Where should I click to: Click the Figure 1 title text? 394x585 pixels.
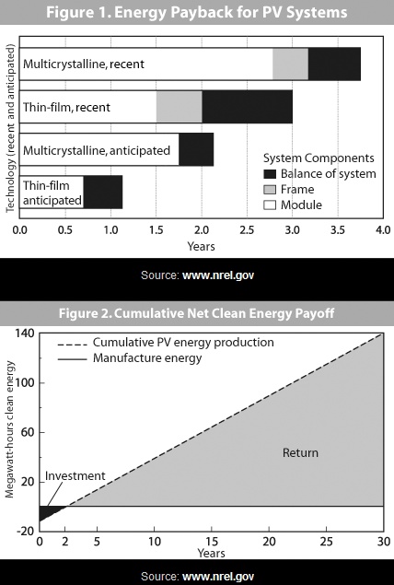point(197,13)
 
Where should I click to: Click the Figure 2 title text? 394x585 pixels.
point(197,312)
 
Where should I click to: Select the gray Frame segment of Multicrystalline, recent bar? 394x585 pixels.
point(290,64)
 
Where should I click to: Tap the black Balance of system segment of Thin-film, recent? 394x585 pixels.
point(247,107)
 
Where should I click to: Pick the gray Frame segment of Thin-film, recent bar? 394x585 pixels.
point(179,107)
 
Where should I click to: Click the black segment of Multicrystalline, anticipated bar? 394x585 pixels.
point(196,149)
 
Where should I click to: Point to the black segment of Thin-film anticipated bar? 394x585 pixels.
point(102,192)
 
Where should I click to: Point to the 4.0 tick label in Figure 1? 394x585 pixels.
point(382,229)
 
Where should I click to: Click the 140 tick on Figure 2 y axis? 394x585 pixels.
point(21,333)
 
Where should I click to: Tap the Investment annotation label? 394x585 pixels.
point(75,476)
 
